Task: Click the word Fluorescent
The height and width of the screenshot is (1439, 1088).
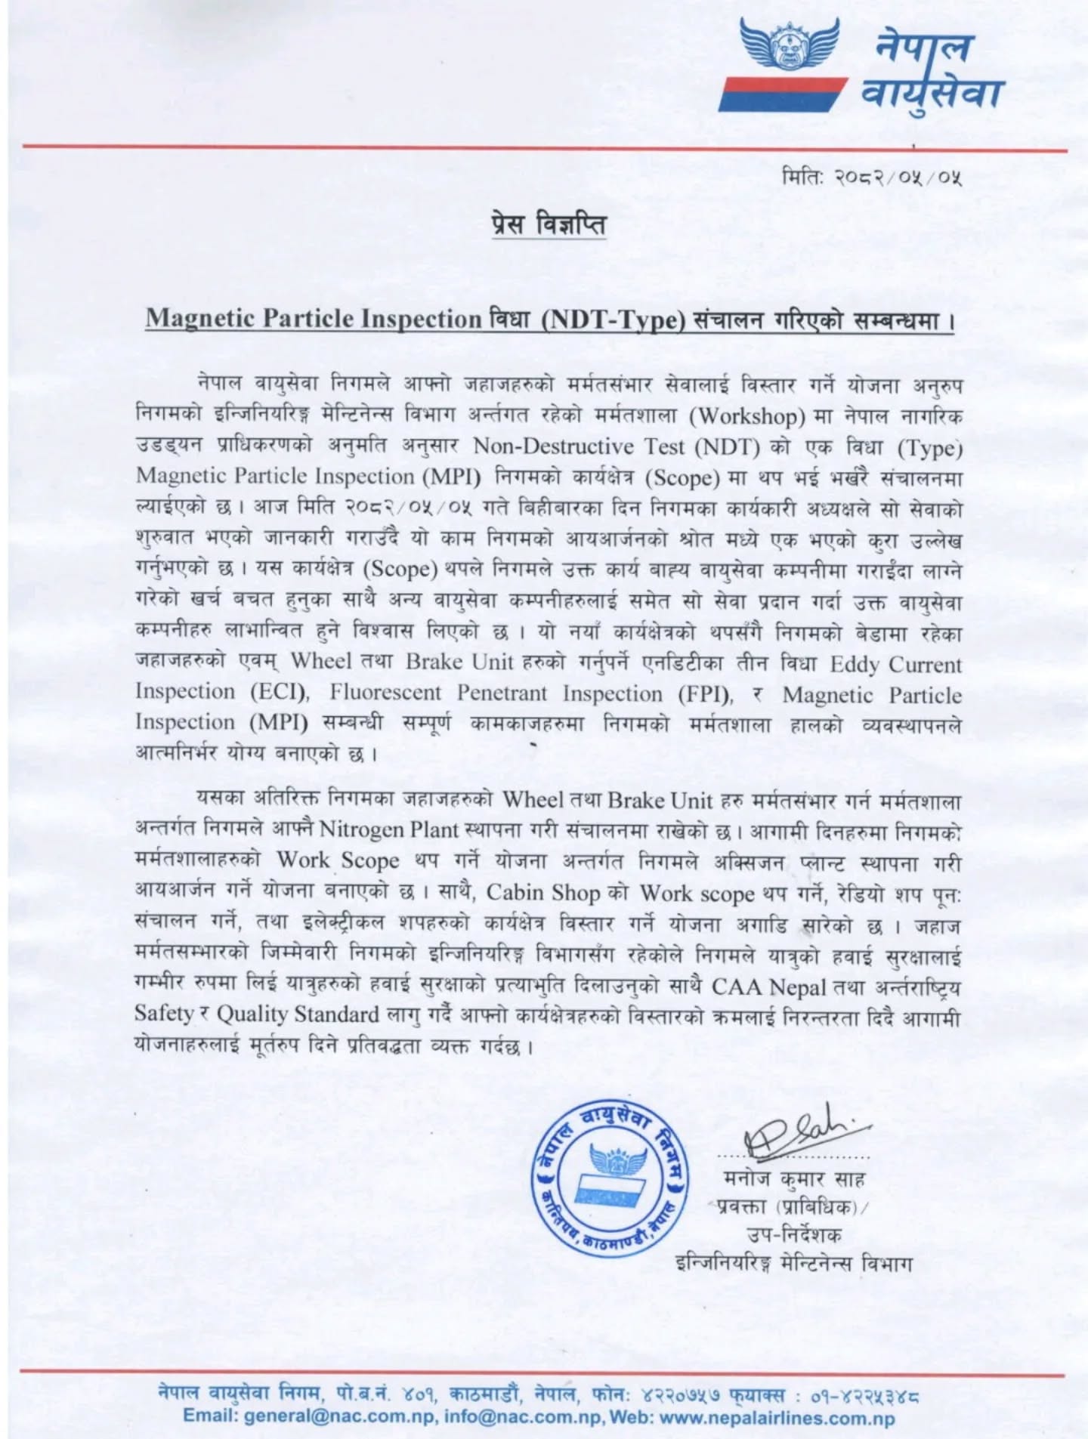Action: (x=385, y=692)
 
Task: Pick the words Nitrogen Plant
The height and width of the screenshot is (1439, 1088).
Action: (x=389, y=829)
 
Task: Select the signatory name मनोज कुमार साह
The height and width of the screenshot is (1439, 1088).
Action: (x=793, y=1178)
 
